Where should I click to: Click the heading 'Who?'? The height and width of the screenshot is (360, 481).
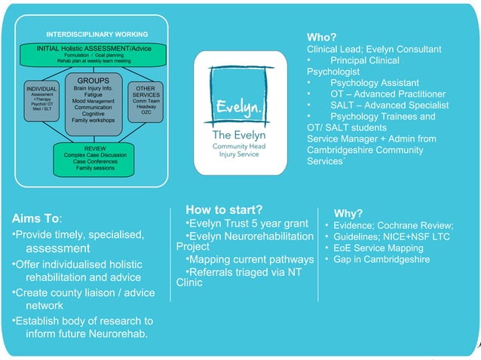321,37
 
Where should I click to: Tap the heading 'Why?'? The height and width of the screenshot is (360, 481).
348,213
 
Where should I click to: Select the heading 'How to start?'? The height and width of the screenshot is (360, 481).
224,209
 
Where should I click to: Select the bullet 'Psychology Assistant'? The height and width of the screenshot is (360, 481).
374,83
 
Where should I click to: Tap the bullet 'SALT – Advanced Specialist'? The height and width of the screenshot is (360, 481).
389,105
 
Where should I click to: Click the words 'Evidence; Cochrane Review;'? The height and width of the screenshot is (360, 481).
394,226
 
